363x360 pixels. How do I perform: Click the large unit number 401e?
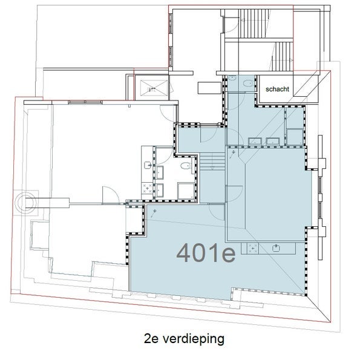click(206, 253)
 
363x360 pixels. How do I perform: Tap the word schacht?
click(277, 89)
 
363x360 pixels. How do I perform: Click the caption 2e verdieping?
click(184, 339)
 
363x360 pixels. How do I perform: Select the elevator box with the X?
click(154, 88)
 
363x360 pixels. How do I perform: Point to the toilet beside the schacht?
click(249, 83)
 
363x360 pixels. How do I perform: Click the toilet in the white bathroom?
click(186, 166)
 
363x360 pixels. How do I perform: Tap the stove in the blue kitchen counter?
click(253, 249)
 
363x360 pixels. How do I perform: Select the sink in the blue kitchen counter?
click(276, 248)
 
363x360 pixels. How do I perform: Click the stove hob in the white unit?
click(147, 188)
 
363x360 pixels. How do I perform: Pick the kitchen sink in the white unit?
click(148, 165)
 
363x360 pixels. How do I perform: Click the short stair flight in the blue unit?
click(212, 162)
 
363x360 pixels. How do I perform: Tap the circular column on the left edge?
click(25, 203)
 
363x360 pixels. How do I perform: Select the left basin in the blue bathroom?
click(255, 142)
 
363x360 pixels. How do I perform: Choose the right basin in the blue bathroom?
click(273, 142)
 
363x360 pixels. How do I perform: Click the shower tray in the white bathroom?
click(186, 191)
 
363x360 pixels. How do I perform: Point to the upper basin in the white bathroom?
click(160, 172)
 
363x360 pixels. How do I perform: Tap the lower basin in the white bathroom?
click(160, 191)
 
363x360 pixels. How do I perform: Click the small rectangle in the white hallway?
click(209, 88)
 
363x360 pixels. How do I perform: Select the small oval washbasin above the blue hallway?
click(232, 78)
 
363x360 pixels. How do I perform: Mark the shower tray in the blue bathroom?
click(295, 137)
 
